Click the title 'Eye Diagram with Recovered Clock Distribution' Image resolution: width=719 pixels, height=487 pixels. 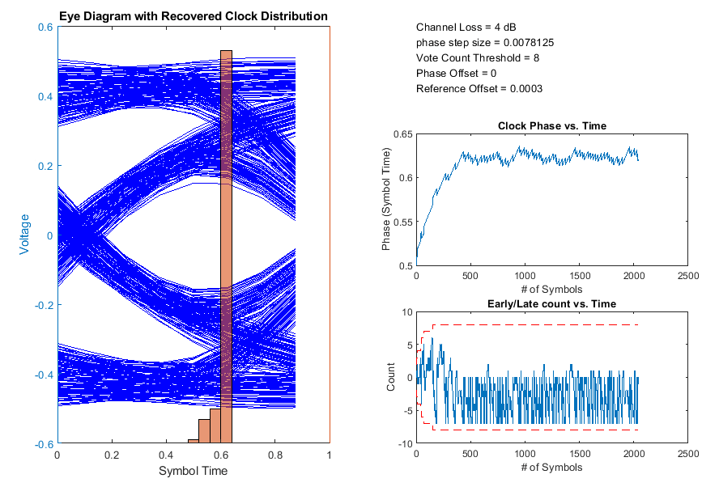pyautogui.click(x=194, y=16)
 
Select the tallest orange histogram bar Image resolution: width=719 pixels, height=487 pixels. pyautogui.click(x=226, y=243)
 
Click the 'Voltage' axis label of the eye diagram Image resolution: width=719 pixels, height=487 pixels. pyautogui.click(x=24, y=235)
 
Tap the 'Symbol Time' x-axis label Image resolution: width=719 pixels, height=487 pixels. pyautogui.click(x=193, y=471)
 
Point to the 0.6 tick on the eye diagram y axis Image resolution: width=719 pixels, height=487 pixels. pyautogui.click(x=45, y=27)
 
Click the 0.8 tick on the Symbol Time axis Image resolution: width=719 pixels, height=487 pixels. pyautogui.click(x=274, y=455)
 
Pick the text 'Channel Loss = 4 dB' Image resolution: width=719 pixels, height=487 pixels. pyautogui.click(x=466, y=28)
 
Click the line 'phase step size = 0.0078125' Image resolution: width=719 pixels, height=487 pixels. pyautogui.click(x=485, y=43)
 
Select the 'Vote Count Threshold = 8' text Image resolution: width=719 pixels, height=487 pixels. pyautogui.click(x=478, y=58)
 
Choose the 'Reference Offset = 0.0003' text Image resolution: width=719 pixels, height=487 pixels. pyautogui.click(x=479, y=89)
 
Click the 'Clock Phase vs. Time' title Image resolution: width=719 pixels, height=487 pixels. pyautogui.click(x=551, y=126)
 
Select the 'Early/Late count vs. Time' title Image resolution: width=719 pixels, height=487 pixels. pyautogui.click(x=551, y=303)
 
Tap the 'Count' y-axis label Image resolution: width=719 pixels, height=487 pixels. pyautogui.click(x=392, y=377)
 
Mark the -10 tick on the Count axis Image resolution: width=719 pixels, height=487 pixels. pyautogui.click(x=402, y=443)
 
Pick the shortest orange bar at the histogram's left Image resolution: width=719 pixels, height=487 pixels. pyautogui.click(x=194, y=442)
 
